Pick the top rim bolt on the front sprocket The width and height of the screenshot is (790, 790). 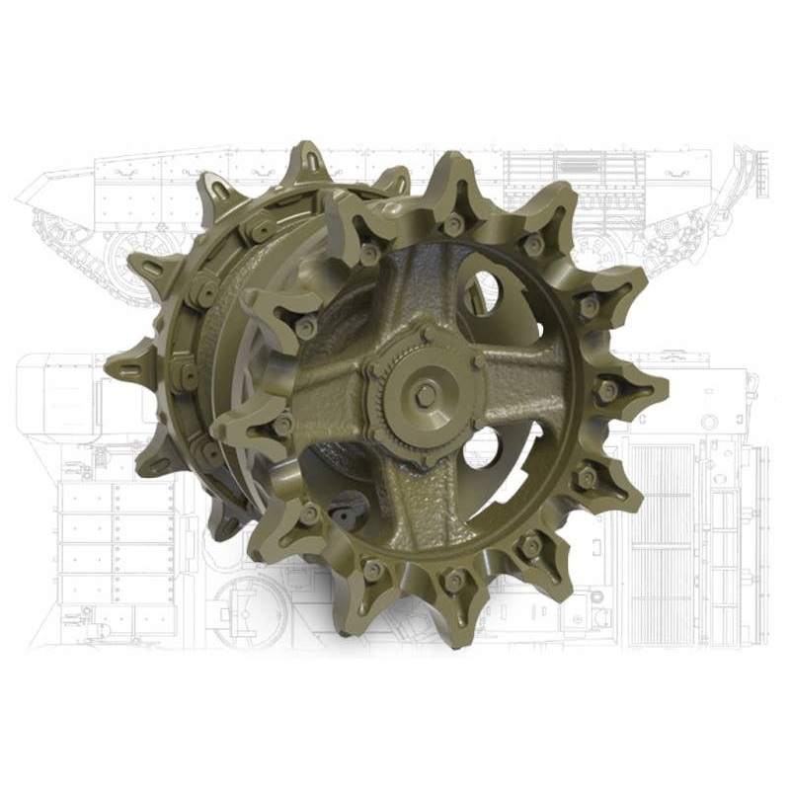[x=452, y=225]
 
